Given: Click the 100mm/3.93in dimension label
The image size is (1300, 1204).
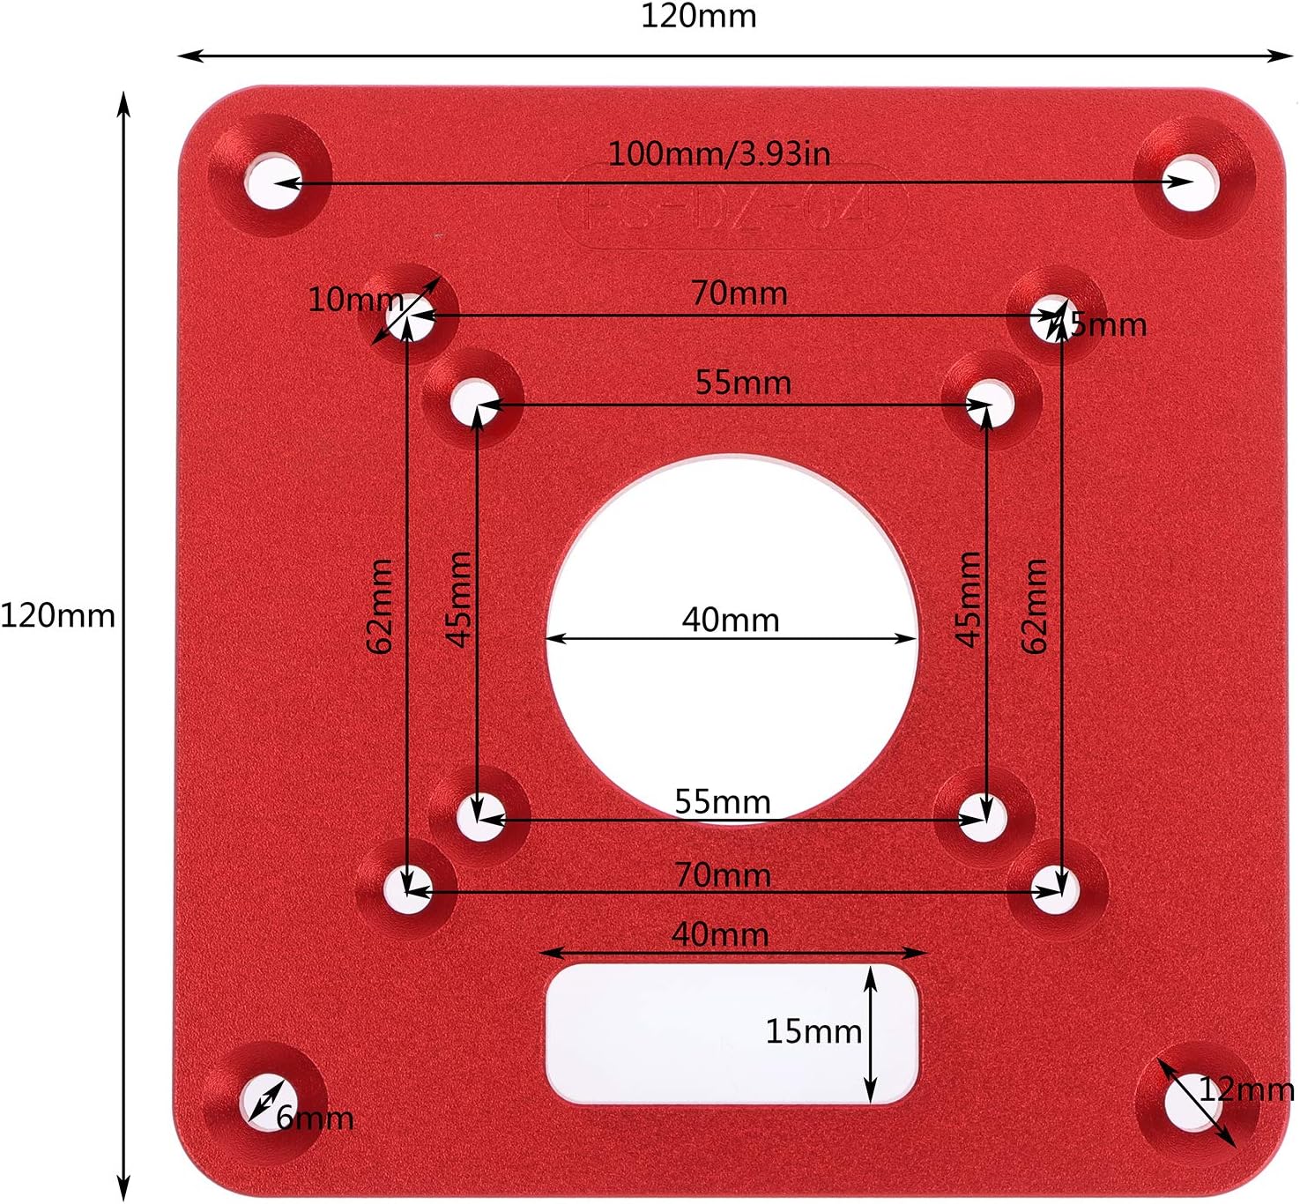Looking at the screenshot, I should pos(719,154).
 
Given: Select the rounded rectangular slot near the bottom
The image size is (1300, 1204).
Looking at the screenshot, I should pos(732,1033).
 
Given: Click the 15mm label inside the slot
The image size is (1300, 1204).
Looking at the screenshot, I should pos(813,1031).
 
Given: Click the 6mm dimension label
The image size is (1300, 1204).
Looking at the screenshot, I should pos(316,1119).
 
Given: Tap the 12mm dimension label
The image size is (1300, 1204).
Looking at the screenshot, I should pos(1246,1090).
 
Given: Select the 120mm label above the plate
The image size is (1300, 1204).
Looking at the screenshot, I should pos(698,17).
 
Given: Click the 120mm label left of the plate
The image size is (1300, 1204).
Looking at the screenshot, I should pos(57,615).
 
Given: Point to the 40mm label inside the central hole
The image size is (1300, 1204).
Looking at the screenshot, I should pos(731,621).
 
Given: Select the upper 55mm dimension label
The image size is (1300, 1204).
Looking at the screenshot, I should pos(743,383).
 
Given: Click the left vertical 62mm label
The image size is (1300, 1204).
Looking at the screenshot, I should pos(379,606).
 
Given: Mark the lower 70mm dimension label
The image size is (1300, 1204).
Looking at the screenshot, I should pos(723,875).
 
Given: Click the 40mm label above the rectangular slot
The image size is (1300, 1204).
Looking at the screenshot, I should pos(720,934).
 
